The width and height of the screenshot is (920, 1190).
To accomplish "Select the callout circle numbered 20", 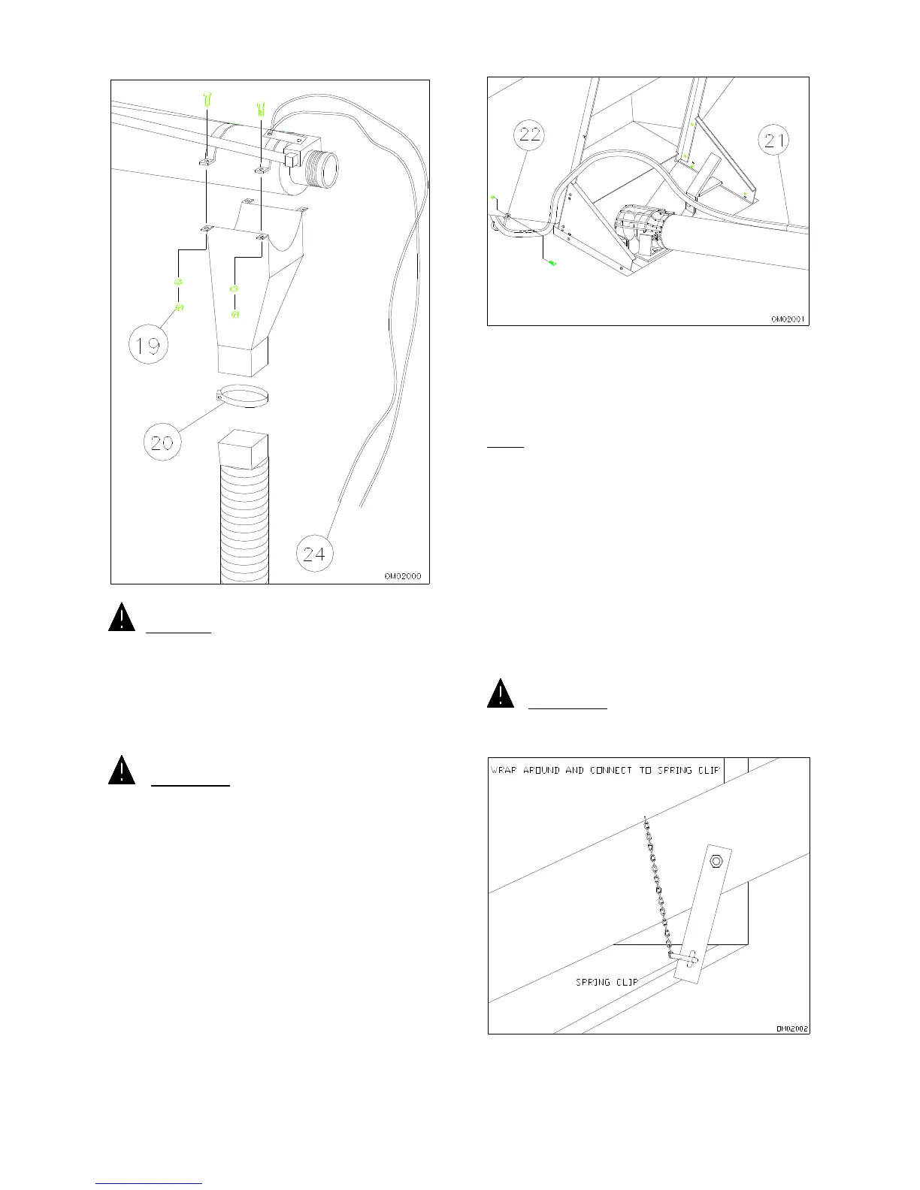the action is [163, 441].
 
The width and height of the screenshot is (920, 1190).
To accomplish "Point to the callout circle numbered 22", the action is [531, 136].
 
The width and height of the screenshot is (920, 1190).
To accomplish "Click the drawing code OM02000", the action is [402, 576].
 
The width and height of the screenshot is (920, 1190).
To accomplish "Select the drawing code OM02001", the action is [788, 319].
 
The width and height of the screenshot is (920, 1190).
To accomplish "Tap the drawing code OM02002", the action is [792, 1028].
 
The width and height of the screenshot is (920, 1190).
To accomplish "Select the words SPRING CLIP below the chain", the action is [607, 982].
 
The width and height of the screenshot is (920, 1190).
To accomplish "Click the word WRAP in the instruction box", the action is [504, 770].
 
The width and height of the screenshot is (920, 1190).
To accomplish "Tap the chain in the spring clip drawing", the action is [657, 886].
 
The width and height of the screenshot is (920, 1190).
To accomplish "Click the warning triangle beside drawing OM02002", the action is [501, 693].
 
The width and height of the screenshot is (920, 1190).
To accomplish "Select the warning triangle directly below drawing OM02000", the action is [122, 617].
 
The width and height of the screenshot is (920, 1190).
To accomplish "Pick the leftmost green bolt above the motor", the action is [208, 98].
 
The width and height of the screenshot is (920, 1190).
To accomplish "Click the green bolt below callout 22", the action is [553, 264].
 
